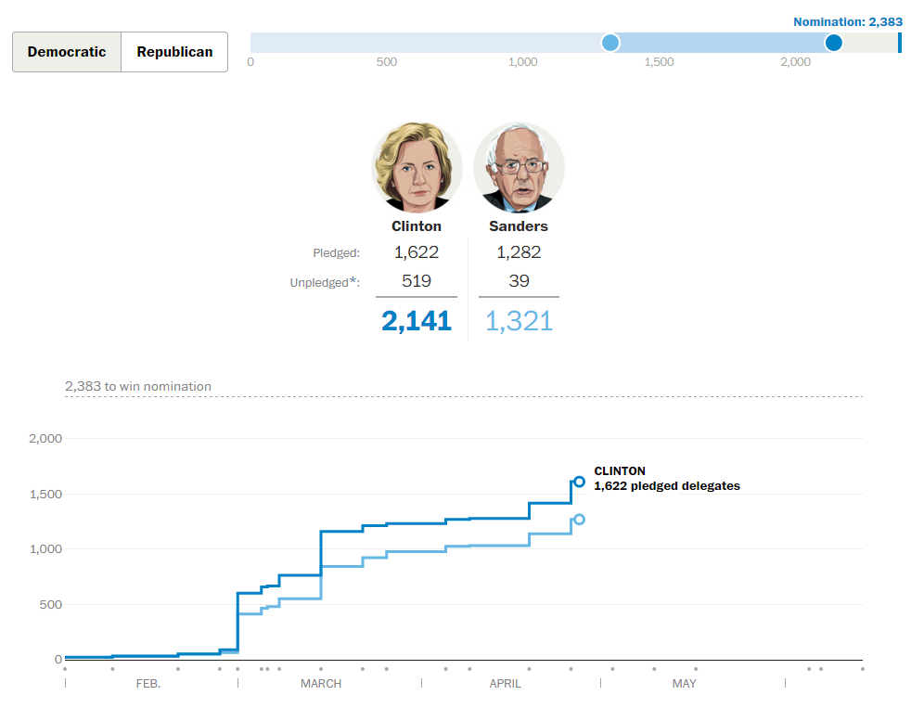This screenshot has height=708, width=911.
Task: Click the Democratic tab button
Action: click(67, 52)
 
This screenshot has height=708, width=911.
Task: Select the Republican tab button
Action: click(174, 52)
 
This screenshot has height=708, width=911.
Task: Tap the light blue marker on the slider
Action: click(610, 43)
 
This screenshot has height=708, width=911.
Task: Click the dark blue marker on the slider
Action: click(833, 43)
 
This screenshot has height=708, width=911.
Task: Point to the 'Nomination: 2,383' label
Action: click(847, 21)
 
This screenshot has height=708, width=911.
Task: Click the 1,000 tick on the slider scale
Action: click(523, 62)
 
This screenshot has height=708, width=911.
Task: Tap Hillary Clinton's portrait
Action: click(417, 169)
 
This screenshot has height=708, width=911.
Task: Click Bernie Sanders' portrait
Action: click(519, 169)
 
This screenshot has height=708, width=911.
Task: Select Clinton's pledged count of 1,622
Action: click(416, 252)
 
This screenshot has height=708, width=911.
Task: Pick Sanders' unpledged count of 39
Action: click(519, 281)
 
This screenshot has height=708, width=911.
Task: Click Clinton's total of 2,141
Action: click(416, 321)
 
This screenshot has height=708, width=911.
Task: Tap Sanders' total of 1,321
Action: click(519, 321)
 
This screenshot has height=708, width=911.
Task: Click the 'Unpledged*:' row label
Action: click(325, 282)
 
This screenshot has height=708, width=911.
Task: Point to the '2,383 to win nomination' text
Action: click(138, 386)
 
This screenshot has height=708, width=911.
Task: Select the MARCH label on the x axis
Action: click(321, 684)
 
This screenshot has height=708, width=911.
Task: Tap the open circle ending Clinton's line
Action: click(579, 482)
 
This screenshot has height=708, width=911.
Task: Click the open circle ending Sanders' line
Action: click(579, 520)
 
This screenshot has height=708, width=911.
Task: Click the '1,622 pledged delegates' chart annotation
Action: click(667, 486)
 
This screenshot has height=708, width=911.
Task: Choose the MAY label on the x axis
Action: click(684, 684)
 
